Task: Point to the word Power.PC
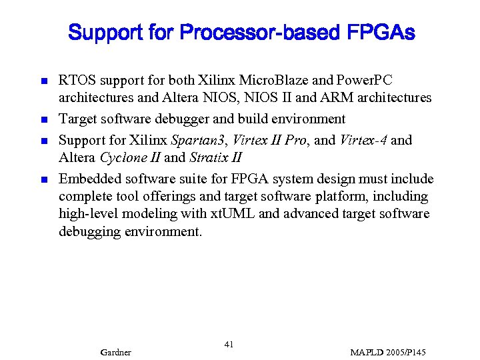369,81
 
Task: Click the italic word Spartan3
199,140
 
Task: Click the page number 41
229,345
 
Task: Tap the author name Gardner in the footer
115,352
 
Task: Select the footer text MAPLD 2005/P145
388,352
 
